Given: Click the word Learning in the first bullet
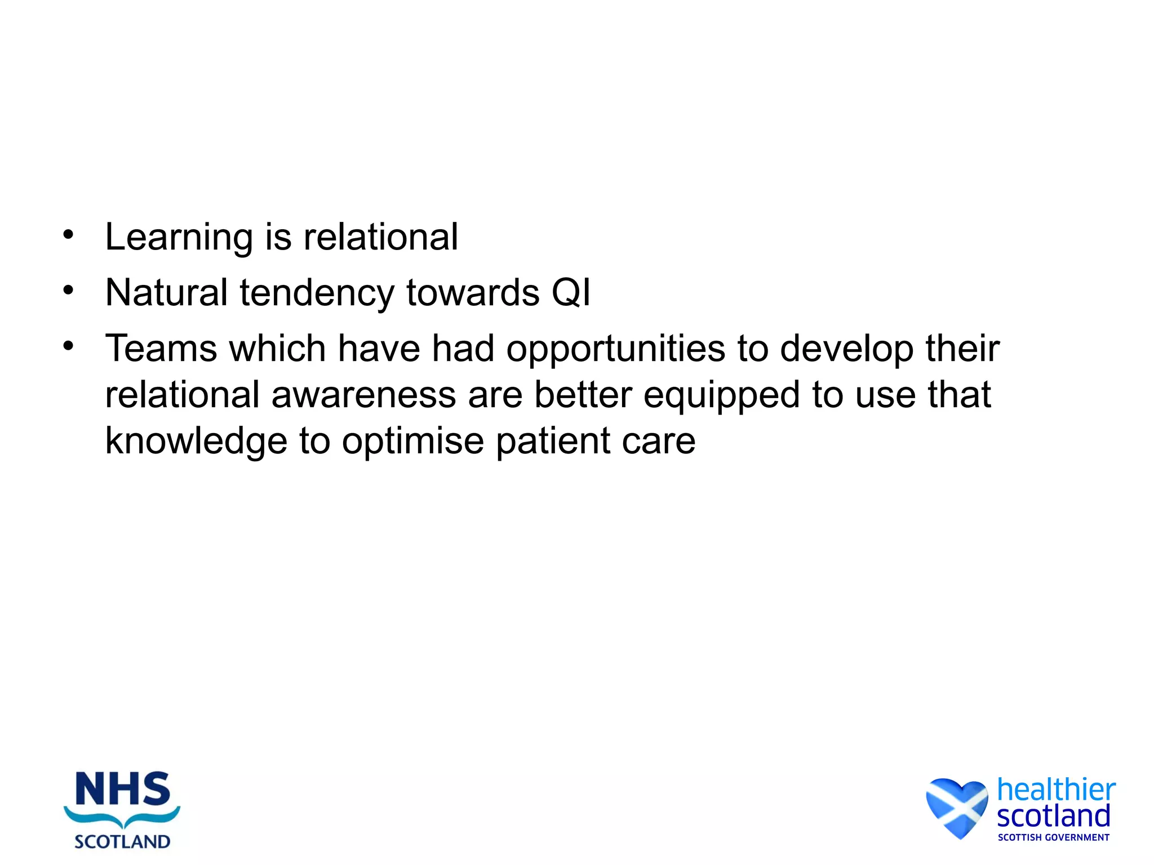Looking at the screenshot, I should point(179,238).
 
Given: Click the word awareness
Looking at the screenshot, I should point(363,394).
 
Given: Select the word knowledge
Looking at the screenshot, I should point(196,441).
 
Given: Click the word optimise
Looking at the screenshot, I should point(413,441).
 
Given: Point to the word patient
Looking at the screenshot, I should point(553,441).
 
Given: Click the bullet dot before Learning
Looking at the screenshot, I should point(68,235).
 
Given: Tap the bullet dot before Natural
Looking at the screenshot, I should point(68,291).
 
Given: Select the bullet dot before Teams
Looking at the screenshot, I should point(68,346).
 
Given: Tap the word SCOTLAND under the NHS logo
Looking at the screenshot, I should point(122,841).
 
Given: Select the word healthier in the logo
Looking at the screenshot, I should point(1056,790).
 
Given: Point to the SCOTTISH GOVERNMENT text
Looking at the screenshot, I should point(1053,837).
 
